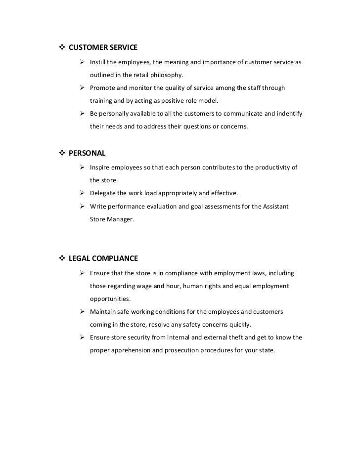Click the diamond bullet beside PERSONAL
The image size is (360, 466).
click(x=62, y=153)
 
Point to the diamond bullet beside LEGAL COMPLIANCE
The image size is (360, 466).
click(x=62, y=258)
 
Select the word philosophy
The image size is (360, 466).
click(x=166, y=75)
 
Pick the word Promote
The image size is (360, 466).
click(x=103, y=88)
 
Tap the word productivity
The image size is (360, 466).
click(x=270, y=168)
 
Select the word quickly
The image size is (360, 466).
click(x=239, y=325)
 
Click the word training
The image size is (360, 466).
click(x=101, y=101)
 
